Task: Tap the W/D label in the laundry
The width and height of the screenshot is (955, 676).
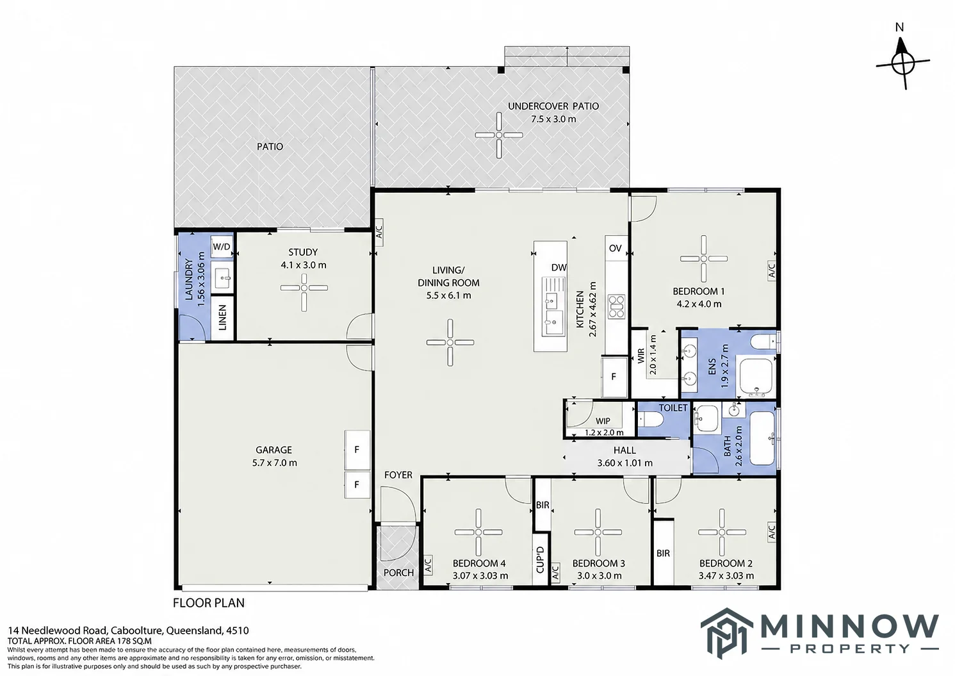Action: tap(221, 247)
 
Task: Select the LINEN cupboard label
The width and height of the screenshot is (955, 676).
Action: tap(222, 318)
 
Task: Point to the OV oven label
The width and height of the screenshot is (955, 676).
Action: tap(615, 248)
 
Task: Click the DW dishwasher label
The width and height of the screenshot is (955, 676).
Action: tap(559, 267)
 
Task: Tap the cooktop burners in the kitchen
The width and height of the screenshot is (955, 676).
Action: tap(616, 307)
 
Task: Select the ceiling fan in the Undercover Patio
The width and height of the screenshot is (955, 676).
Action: tap(499, 135)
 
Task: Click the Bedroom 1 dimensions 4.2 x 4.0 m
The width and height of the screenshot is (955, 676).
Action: tap(699, 304)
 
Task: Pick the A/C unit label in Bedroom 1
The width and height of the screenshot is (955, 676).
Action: tap(771, 270)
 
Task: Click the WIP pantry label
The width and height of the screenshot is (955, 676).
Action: tap(603, 421)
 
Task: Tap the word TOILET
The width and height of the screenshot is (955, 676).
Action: tap(673, 408)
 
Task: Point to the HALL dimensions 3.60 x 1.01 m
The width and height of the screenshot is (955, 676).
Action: tap(624, 463)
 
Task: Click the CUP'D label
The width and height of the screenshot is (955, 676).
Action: tap(540, 559)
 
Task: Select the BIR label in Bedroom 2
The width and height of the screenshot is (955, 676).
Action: tap(663, 553)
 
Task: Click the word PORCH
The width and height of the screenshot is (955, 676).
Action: tap(398, 573)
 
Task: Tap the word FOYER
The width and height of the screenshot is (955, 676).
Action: tap(398, 475)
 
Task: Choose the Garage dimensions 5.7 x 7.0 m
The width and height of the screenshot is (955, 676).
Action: tap(274, 463)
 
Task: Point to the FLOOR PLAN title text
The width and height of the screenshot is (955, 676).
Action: tap(208, 603)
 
